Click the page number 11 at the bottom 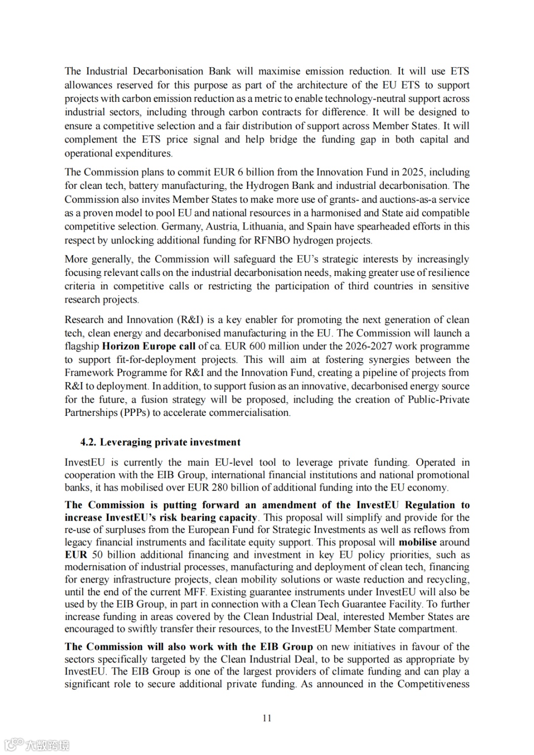coord(267,718)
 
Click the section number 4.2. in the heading coord(89,442)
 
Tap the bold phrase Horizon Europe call coord(148,346)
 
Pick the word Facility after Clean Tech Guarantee coord(405,604)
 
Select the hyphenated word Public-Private coord(439,400)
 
